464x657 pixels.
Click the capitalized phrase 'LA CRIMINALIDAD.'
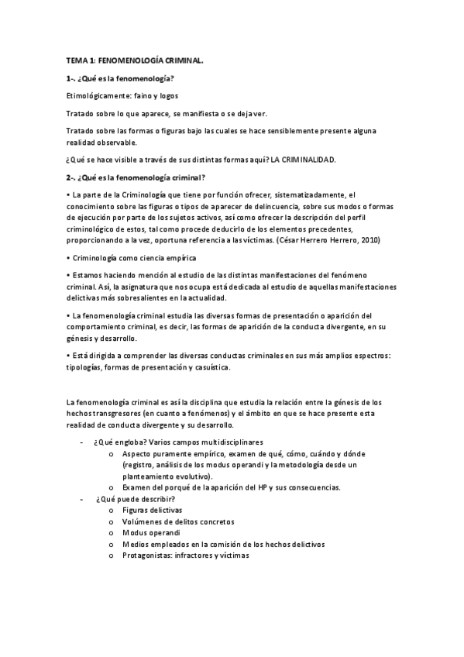[304, 160]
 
